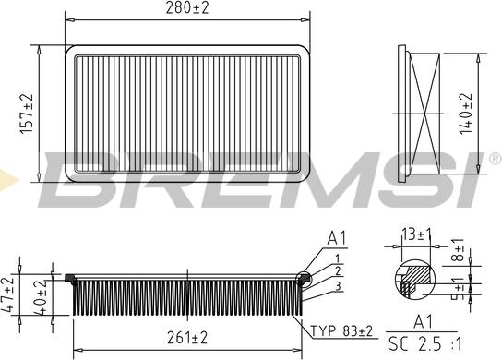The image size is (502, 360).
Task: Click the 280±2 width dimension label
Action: (187, 8)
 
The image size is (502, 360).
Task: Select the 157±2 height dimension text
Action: (27, 114)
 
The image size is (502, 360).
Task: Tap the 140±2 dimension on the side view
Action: (466, 114)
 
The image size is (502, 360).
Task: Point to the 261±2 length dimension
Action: (187, 338)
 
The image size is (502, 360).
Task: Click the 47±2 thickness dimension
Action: (8, 294)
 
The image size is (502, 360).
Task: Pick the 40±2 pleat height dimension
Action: (41, 296)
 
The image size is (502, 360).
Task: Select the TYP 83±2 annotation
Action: (342, 330)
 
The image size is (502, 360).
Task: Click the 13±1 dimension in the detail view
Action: (417, 234)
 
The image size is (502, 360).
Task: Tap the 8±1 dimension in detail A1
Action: (459, 249)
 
